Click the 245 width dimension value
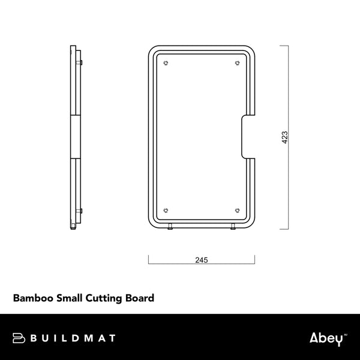click(x=202, y=260)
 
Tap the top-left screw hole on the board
click(x=166, y=64)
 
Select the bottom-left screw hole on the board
click(x=166, y=210)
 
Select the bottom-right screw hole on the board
click(x=237, y=210)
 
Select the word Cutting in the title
click(x=106, y=298)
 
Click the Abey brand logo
click(x=328, y=338)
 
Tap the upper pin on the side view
click(x=81, y=62)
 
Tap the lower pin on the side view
click(x=81, y=210)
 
